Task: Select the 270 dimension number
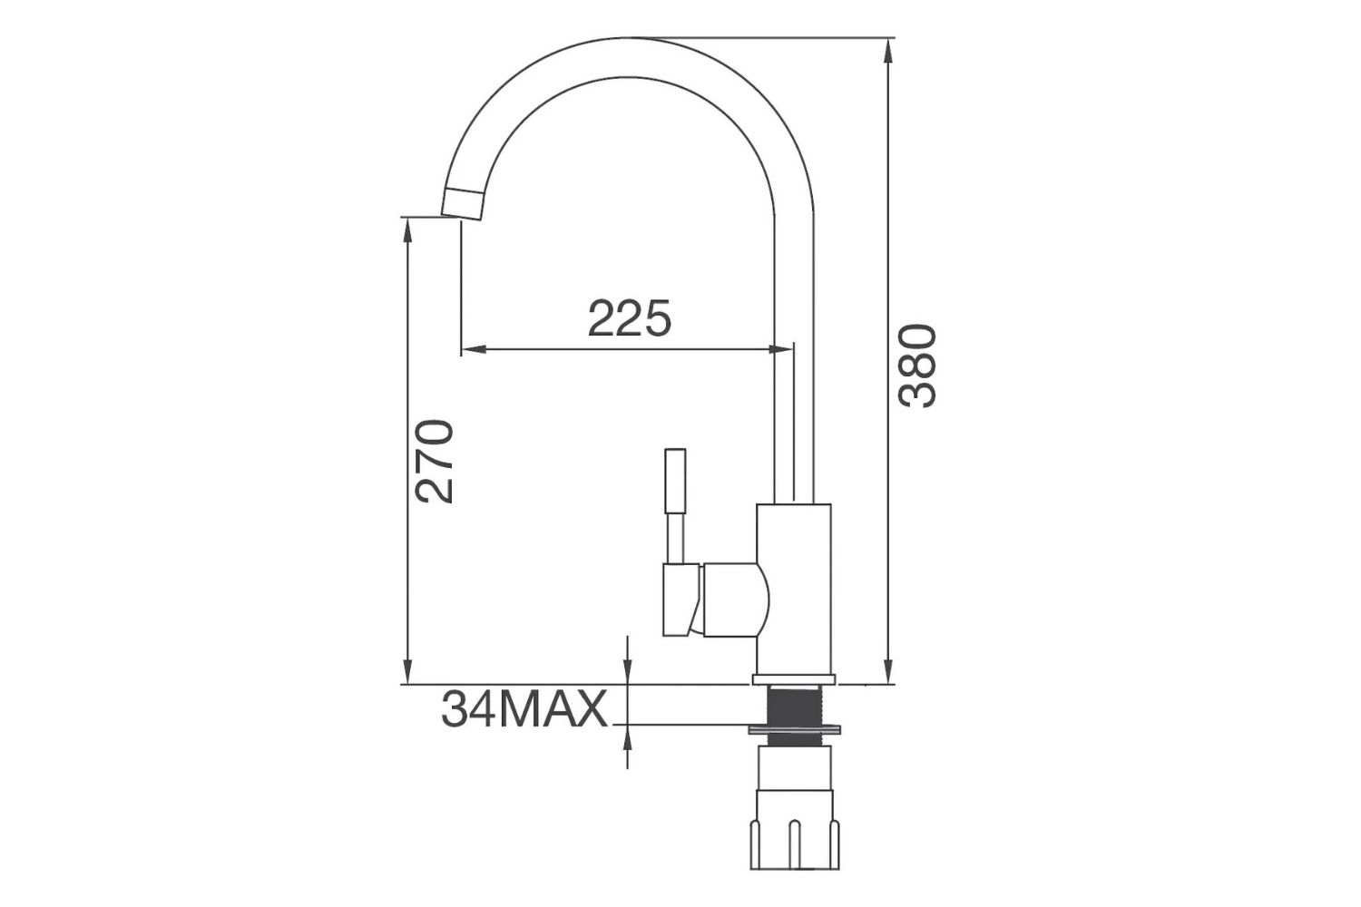tap(434, 461)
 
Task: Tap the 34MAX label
tap(524, 709)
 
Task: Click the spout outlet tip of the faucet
tap(464, 204)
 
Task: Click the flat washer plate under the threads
tap(793, 727)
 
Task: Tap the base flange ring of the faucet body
tap(793, 678)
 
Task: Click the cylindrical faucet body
tap(793, 590)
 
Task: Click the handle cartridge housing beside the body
tap(730, 599)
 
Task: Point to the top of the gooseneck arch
tap(635, 56)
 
